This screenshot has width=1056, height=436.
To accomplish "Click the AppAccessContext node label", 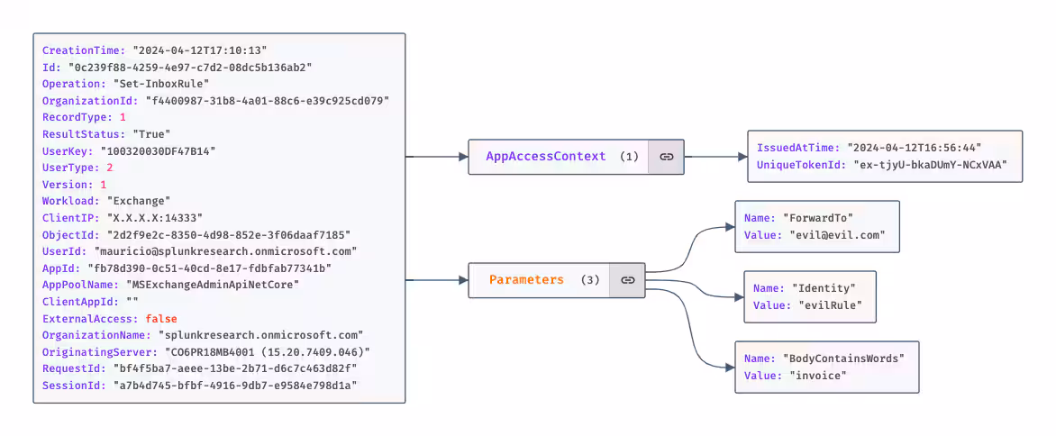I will click(x=545, y=156).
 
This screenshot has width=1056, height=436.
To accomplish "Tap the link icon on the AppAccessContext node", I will click(x=666, y=156).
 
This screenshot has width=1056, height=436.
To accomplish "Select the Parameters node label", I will click(x=526, y=280).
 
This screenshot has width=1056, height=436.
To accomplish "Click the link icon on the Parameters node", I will click(x=627, y=280).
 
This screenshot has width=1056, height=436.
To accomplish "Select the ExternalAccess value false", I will click(x=161, y=319).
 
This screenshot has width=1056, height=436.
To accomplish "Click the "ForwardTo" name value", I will click(x=818, y=218).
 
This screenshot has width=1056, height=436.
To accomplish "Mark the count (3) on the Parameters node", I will click(x=590, y=280).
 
